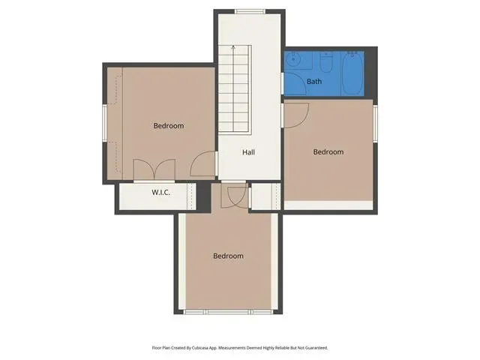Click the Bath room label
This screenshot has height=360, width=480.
(x=314, y=82)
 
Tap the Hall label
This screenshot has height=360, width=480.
(x=248, y=152)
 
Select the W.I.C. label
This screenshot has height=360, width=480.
(x=160, y=193)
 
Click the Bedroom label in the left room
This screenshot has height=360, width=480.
(x=169, y=126)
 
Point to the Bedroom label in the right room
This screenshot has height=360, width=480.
(x=328, y=151)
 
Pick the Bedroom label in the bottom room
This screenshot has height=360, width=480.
(x=228, y=256)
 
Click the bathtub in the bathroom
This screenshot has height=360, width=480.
(x=352, y=73)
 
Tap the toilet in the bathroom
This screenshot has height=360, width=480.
(x=325, y=61)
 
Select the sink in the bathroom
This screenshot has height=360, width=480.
(x=293, y=60)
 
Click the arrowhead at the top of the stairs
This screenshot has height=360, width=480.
(x=233, y=47)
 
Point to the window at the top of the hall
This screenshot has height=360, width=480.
(x=250, y=12)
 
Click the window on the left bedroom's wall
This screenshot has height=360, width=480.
(x=105, y=123)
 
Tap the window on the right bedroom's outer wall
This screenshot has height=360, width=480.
(x=375, y=123)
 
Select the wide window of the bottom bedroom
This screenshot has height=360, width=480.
(x=228, y=312)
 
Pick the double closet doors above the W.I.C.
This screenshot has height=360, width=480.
(x=154, y=169)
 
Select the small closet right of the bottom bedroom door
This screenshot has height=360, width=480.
(x=265, y=196)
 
